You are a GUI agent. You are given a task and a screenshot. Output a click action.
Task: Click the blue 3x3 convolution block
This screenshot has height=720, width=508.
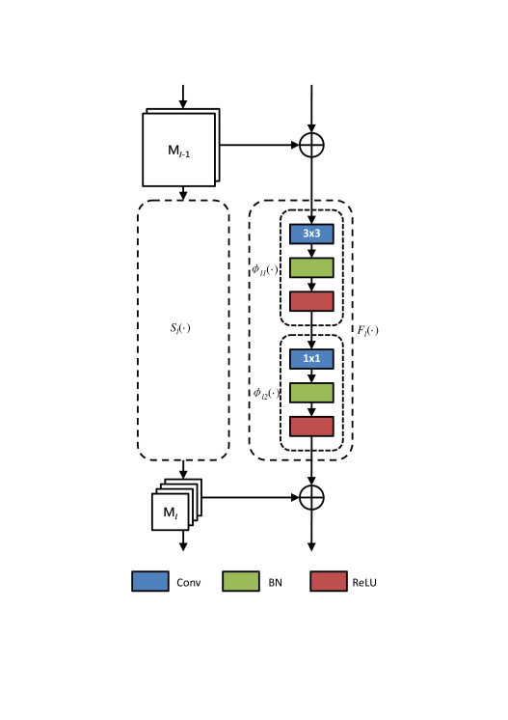tap(311, 234)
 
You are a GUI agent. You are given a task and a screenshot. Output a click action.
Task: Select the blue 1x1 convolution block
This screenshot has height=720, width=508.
tap(311, 359)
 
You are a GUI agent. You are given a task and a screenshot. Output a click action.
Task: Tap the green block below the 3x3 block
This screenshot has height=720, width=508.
tap(311, 267)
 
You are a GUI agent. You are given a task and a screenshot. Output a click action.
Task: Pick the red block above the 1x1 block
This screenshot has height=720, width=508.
tap(311, 301)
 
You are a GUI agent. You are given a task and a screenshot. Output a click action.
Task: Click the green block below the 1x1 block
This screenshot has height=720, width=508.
tap(311, 393)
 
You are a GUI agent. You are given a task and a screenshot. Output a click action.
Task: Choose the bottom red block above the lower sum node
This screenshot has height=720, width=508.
tap(311, 427)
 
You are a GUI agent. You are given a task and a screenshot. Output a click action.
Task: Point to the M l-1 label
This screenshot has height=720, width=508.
tap(178, 151)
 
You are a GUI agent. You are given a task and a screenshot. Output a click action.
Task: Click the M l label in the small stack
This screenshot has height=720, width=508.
tap(170, 512)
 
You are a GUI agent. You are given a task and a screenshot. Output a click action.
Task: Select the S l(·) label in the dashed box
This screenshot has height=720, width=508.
tap(180, 328)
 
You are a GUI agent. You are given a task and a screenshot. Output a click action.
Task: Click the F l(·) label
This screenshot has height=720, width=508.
tap(367, 330)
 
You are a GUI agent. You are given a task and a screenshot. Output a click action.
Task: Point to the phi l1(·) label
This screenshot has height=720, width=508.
tap(264, 269)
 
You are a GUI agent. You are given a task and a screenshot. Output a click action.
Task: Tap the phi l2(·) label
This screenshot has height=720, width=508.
tap(266, 394)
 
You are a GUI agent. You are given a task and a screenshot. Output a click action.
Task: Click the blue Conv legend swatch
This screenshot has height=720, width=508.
tap(150, 581)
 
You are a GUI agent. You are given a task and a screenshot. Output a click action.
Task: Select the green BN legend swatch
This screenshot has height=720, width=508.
tap(241, 581)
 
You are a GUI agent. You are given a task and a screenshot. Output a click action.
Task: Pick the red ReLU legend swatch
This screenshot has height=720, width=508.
tap(329, 581)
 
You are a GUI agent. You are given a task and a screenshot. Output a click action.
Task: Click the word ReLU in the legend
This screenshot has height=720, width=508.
tap(364, 582)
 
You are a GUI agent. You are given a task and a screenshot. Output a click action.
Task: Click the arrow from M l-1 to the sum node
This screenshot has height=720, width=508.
tap(259, 145)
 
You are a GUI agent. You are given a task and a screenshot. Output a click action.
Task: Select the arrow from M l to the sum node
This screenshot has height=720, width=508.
tap(251, 497)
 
